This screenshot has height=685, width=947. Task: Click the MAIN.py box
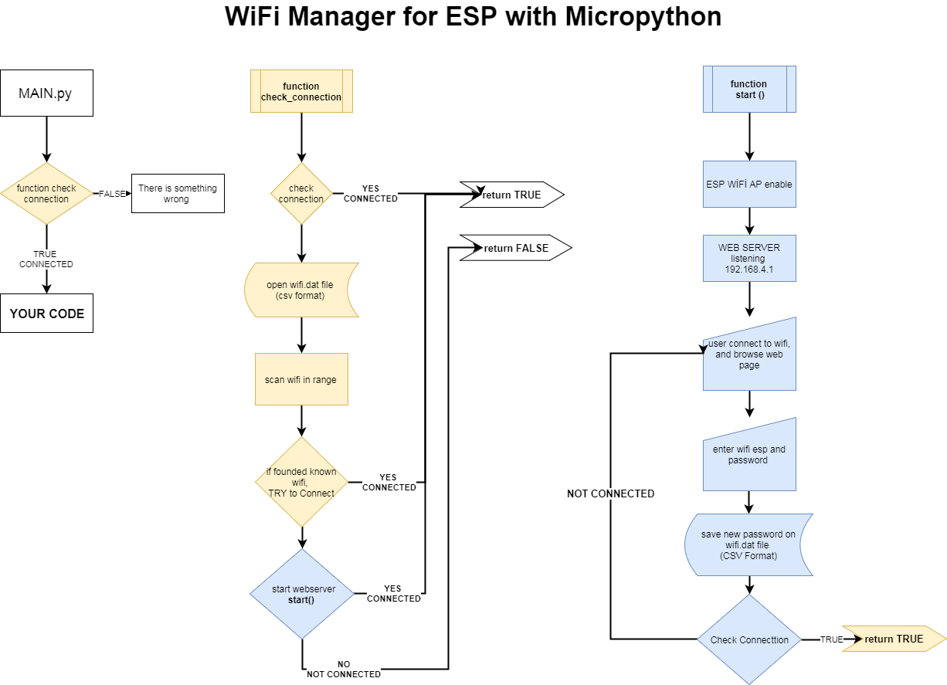coord(46,93)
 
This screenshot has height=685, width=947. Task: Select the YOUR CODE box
coord(46,314)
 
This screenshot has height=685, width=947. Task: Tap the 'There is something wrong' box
coord(178,193)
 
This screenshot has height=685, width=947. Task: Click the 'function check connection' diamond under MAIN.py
coord(46,194)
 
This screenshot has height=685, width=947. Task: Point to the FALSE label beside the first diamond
coord(112,194)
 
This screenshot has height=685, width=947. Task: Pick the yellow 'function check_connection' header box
coord(301,92)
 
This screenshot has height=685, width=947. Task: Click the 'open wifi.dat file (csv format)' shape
coord(301,290)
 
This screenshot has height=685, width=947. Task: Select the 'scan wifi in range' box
coord(301,379)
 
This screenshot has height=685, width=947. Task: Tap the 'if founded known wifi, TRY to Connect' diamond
coord(301,482)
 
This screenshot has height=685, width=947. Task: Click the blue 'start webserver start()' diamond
coord(301,594)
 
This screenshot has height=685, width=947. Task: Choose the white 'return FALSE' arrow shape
coord(514,248)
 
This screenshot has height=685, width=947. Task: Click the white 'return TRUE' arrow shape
coord(511,195)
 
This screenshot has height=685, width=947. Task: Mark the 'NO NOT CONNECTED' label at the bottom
coord(344,670)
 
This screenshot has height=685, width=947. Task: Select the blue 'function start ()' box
coord(748,90)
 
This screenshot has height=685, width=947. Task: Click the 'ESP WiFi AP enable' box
coord(748,184)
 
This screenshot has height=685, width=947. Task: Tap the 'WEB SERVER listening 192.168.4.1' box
coord(748,259)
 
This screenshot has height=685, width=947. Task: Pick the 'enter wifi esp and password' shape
coord(748,456)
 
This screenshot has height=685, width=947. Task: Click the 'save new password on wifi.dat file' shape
coord(748,545)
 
